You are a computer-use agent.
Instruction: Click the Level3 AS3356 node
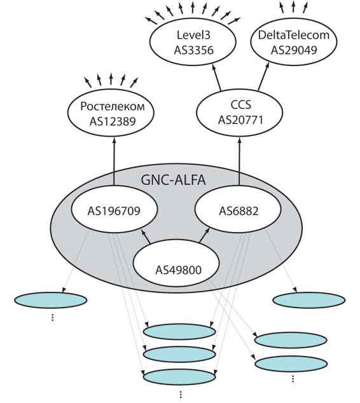pos(193,43)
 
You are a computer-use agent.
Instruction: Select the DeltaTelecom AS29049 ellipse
pos(294,43)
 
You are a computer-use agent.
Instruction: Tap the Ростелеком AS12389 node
pos(111,113)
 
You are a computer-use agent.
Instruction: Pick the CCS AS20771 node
pos(240,113)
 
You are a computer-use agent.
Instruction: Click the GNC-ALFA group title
pos(173,180)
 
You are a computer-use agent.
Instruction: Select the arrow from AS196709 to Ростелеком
pos(114,161)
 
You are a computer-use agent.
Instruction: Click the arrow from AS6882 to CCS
pos(240,161)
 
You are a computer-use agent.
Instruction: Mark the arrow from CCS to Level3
pos(216,78)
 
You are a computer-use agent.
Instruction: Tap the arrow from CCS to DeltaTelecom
pos(263,76)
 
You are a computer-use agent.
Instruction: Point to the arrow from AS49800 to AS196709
pos(145,236)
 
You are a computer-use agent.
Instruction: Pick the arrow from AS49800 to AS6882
pos(205,235)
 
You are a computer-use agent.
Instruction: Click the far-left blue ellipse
pos(51,300)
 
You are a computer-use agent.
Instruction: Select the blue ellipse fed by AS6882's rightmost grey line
pos(309,300)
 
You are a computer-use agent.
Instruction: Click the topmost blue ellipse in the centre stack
pos(179,332)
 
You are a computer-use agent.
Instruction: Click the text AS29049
pos(294,50)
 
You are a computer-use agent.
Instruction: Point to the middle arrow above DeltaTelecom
pos(293,7)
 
